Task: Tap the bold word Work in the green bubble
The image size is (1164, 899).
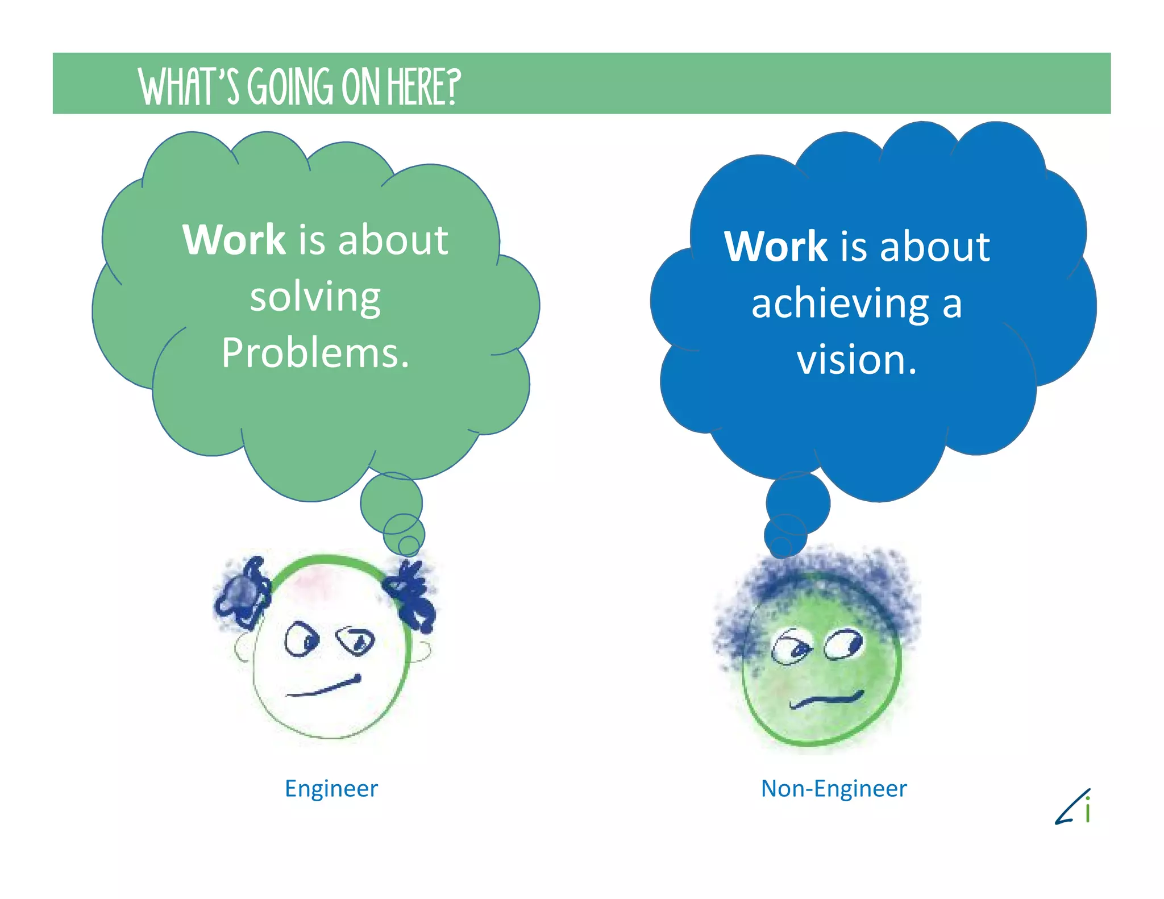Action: pos(234,240)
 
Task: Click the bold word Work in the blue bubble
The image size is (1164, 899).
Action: pos(775,247)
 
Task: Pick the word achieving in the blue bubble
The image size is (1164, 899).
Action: pos(840,303)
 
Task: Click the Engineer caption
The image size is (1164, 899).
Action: pos(331,789)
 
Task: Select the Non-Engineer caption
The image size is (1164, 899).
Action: pos(833,789)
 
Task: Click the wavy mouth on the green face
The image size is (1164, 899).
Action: pos(826,699)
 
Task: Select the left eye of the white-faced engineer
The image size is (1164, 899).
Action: pos(301,640)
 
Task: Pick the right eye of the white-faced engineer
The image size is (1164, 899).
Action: pos(355,641)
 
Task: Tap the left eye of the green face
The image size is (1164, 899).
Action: pos(792,647)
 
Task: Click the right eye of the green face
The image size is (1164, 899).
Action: pos(844,644)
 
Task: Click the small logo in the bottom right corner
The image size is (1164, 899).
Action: pos(1074,807)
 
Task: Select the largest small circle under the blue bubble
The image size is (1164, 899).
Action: pos(797,502)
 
